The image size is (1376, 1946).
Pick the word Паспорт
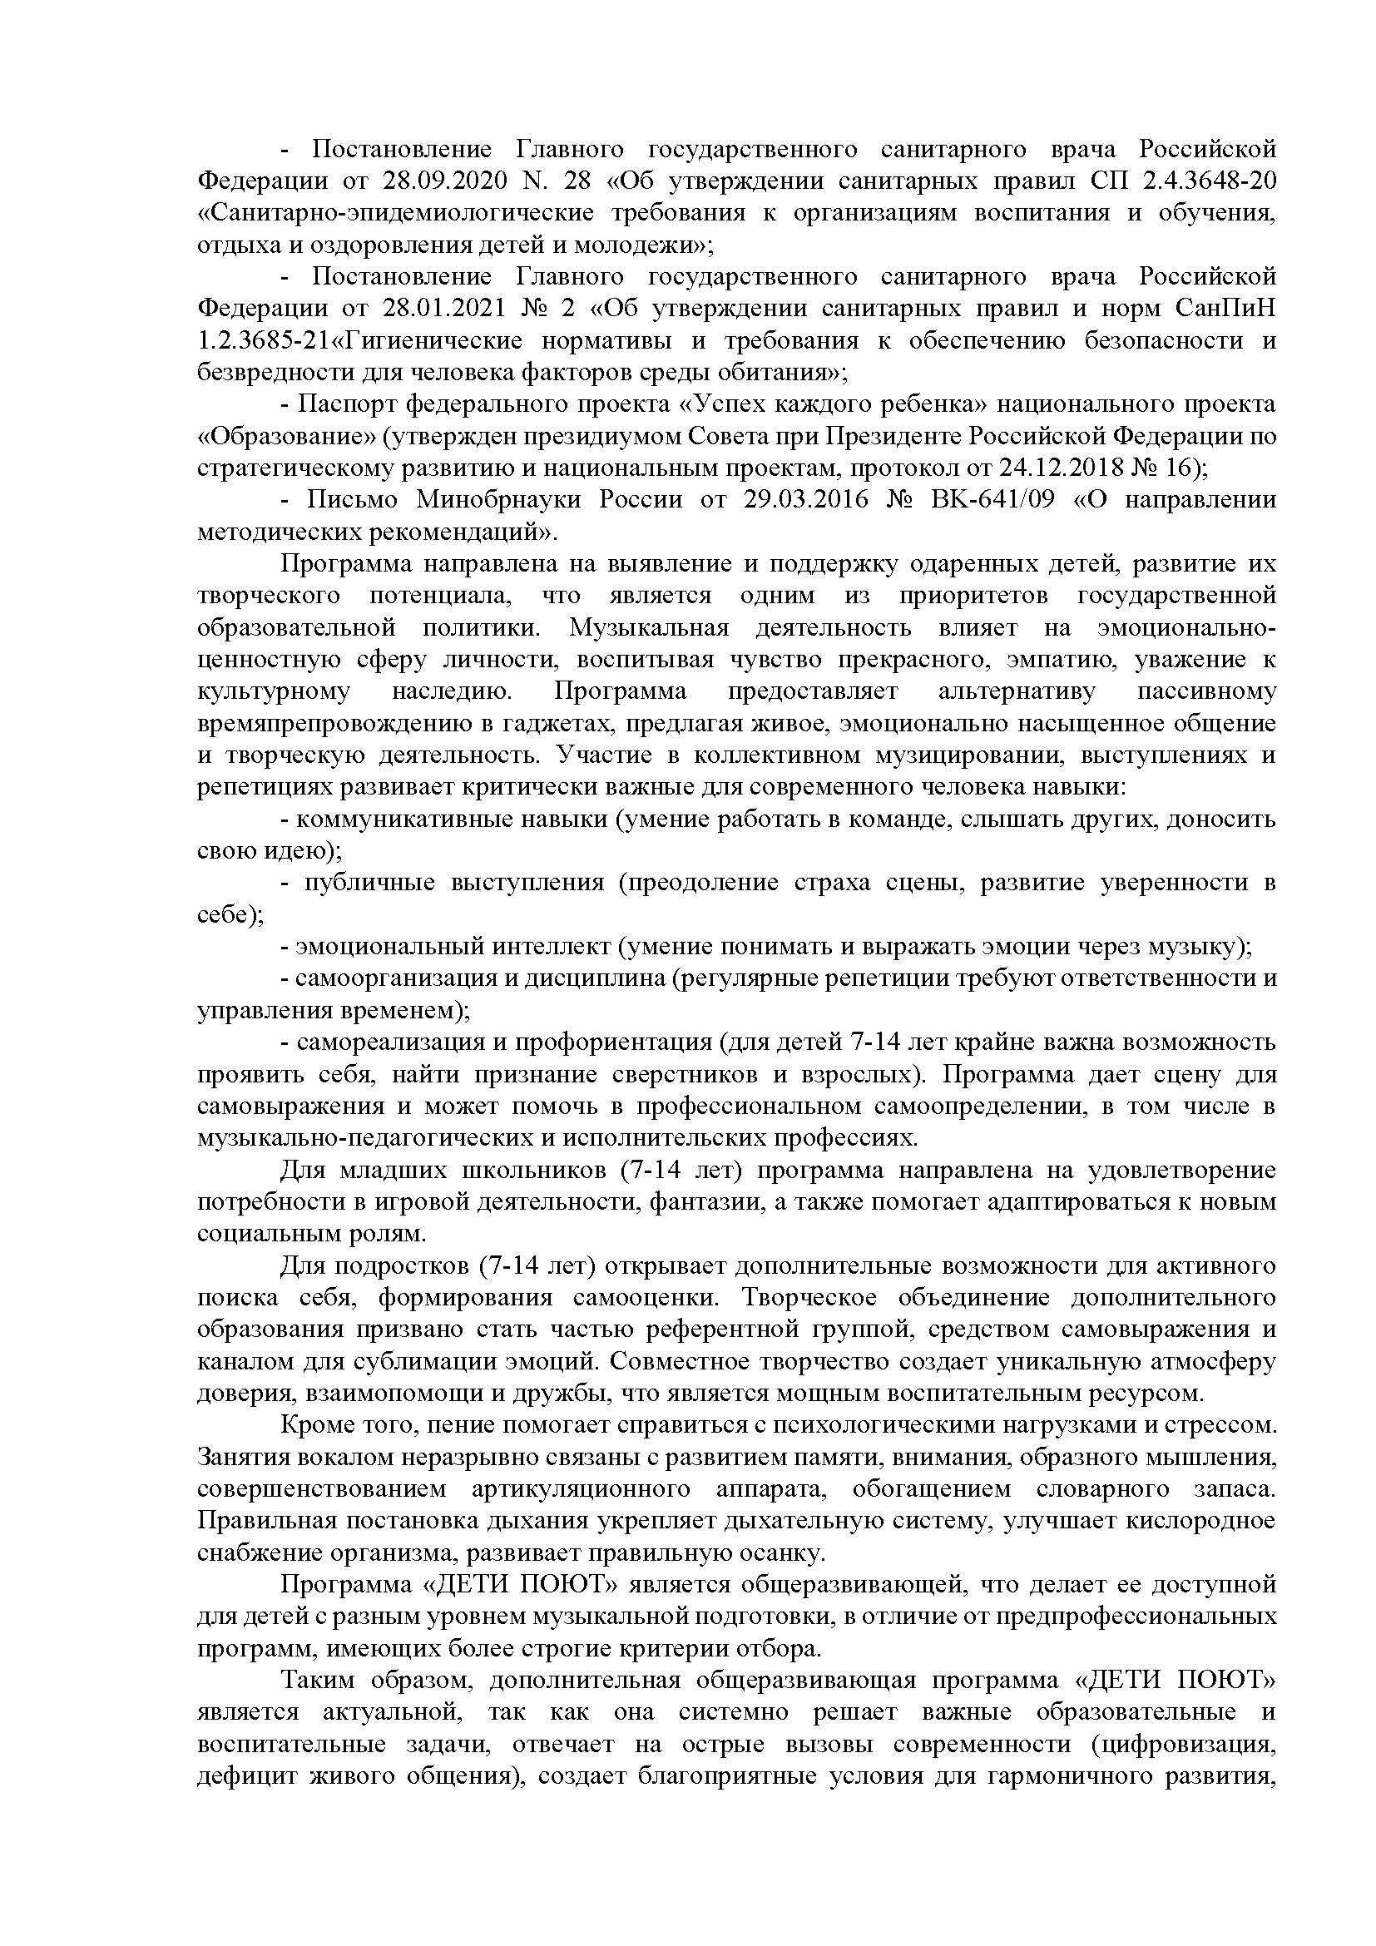pos(346,404)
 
